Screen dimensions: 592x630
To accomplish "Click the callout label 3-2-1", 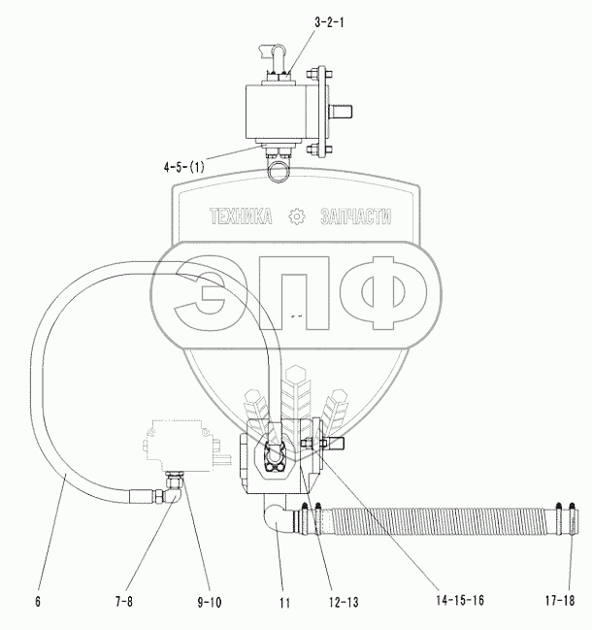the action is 329,22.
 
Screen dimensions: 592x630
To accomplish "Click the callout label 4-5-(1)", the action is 184,166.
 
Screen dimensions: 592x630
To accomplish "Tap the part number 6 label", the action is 38,601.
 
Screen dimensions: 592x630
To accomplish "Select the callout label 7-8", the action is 123,601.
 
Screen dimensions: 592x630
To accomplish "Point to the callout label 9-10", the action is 210,602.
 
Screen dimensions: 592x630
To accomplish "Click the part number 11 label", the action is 284,603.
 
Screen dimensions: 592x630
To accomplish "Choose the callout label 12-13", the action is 343,602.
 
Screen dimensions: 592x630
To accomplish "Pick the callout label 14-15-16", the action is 460,600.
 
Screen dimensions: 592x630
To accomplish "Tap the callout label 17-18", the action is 560,601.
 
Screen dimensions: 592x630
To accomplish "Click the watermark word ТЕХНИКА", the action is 241,216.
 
